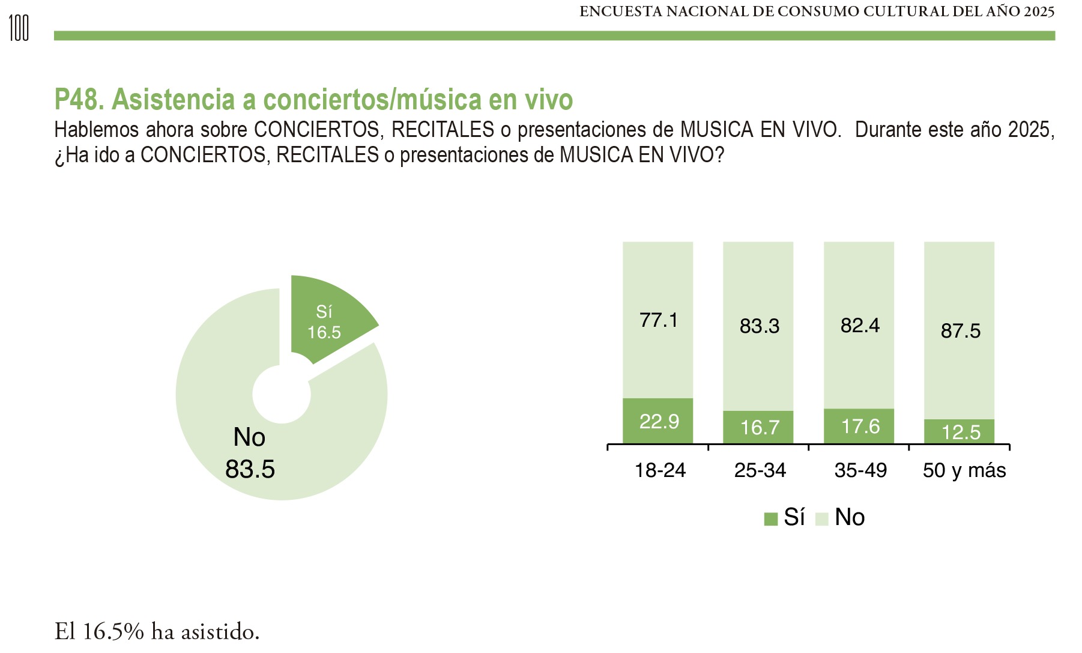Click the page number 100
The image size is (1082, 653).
click(x=19, y=28)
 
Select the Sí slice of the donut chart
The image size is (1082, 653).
click(x=327, y=318)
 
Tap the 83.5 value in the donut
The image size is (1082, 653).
click(x=250, y=469)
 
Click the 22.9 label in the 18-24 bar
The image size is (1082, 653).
click(x=659, y=422)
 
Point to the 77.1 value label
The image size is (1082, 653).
click(x=659, y=320)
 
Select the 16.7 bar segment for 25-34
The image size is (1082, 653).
click(x=759, y=427)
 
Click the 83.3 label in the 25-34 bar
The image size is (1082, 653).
click(x=759, y=326)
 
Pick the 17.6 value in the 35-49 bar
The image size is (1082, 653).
click(x=860, y=427)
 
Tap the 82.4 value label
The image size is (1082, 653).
click(x=860, y=326)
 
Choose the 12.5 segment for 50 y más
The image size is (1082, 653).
click(x=960, y=432)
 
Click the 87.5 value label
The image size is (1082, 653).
click(x=960, y=331)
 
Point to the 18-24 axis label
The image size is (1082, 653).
click(x=660, y=470)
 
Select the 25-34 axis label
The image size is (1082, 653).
click(x=760, y=470)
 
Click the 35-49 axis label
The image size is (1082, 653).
click(x=860, y=470)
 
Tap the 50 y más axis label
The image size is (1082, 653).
click(x=964, y=470)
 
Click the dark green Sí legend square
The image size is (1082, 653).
click(x=770, y=519)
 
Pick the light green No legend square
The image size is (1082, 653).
click(x=821, y=519)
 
